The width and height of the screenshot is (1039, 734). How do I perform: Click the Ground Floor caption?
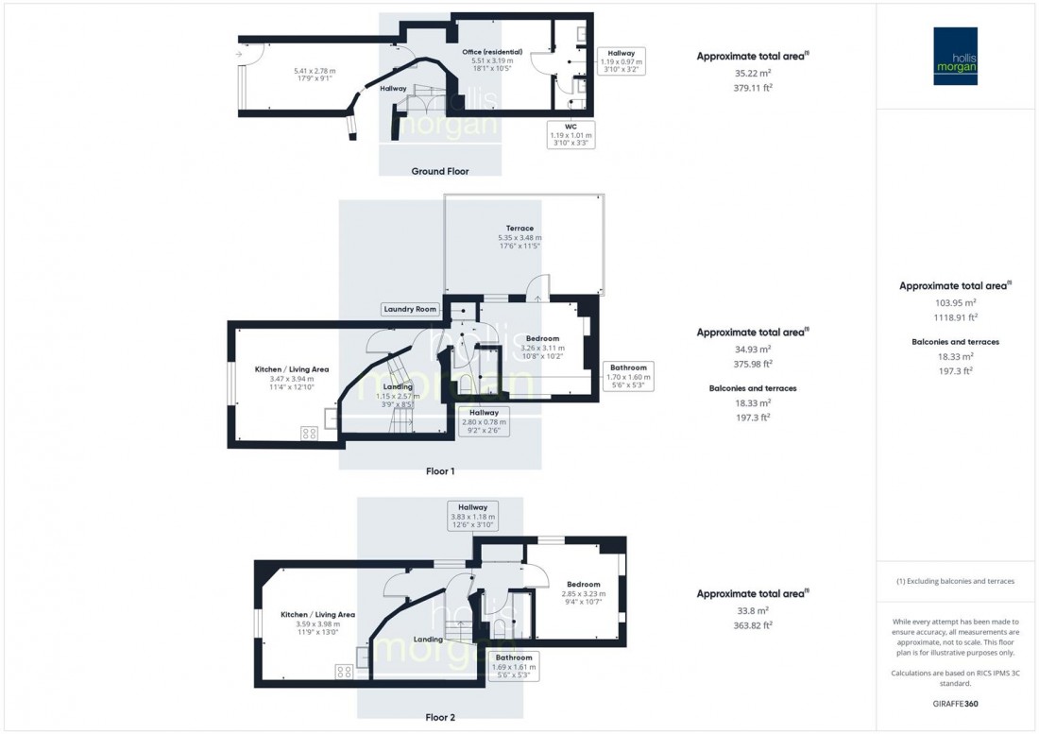(440, 171)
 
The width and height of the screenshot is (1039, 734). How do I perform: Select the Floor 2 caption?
(440, 717)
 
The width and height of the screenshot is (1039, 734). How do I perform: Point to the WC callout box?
(570, 134)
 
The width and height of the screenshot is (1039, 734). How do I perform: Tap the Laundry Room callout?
(410, 309)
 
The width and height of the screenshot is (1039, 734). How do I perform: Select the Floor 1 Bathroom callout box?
(628, 376)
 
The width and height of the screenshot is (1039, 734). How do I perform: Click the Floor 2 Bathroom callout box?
(513, 666)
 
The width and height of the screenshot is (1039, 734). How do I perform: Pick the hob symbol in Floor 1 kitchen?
(309, 433)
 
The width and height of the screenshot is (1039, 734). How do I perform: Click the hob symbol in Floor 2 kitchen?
(343, 672)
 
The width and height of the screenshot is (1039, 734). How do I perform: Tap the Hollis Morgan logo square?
(955, 56)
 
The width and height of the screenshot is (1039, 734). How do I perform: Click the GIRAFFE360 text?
(955, 705)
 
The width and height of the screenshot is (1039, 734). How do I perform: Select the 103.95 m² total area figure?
(955, 303)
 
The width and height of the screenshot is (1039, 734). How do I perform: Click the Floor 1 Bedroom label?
(543, 338)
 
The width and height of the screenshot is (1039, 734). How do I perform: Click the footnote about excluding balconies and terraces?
(955, 581)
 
